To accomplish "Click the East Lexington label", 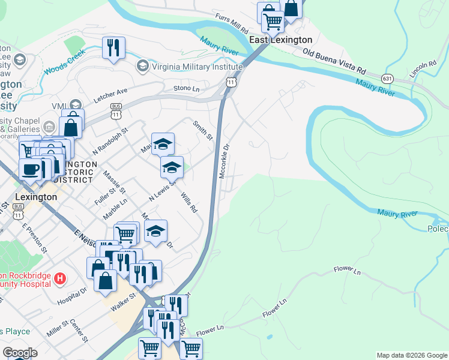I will click(x=281, y=40).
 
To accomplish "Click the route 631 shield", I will click(x=388, y=78).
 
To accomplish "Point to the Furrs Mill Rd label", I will click(x=231, y=25).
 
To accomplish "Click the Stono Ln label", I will click(x=186, y=88).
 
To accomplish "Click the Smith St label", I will click(x=202, y=130).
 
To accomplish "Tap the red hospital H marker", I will click(x=59, y=278).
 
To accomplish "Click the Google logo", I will click(x=20, y=353).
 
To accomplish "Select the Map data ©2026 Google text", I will click(x=412, y=355).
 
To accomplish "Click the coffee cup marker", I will click(x=30, y=169).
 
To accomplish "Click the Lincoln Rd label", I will click(x=423, y=68).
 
